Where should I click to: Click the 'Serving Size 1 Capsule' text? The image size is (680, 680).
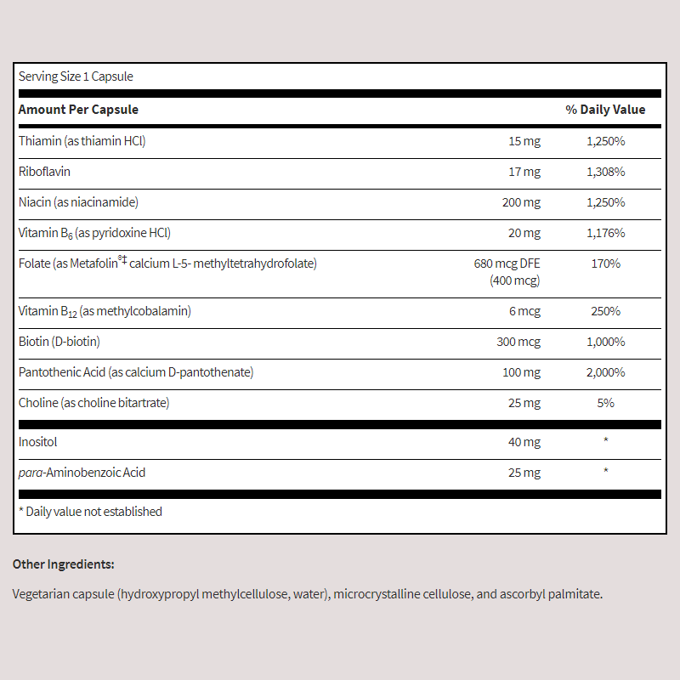click(76, 76)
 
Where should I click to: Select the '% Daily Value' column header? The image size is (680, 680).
click(605, 110)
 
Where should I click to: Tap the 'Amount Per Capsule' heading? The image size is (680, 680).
click(78, 110)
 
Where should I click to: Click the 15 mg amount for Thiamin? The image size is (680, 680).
click(524, 141)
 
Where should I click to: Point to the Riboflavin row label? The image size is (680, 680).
click(44, 172)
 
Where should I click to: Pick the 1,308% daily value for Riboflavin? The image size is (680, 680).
click(605, 172)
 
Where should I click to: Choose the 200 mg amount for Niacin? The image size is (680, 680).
click(521, 202)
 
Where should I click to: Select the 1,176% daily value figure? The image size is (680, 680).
click(605, 233)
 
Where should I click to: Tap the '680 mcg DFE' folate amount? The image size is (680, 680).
click(507, 263)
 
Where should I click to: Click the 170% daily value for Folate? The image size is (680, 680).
click(605, 263)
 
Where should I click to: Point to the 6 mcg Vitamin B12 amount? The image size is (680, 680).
click(524, 311)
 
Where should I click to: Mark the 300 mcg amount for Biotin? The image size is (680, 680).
click(518, 342)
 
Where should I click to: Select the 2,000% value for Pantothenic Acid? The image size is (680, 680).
click(605, 372)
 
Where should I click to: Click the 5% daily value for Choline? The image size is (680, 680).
click(605, 403)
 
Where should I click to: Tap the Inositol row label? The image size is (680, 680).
click(38, 442)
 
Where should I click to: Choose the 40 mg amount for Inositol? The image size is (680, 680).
click(524, 442)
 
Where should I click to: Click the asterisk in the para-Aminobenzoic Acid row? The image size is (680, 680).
click(605, 472)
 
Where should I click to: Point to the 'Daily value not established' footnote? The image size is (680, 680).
click(90, 512)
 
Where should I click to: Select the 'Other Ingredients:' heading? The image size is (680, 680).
click(64, 564)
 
